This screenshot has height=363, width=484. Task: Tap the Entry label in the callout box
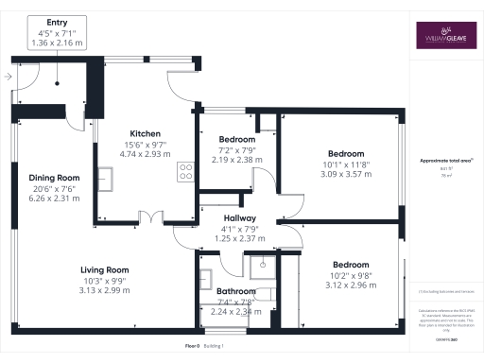pos(58,20)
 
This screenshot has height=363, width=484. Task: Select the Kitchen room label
pos(145,133)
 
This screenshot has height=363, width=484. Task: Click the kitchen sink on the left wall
pos(106,177)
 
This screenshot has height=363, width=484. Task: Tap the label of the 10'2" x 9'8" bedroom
pos(351,266)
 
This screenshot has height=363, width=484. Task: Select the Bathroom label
pos(235,291)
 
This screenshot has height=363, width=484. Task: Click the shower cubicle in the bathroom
pos(266,270)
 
